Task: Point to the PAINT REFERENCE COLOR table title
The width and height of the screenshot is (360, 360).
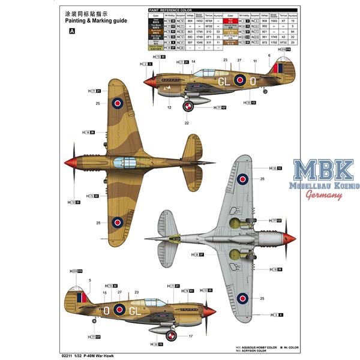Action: [170, 10]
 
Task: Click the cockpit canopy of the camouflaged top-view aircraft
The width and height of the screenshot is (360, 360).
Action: [160, 162]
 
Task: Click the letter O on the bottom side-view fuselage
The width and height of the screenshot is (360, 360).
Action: [106, 310]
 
